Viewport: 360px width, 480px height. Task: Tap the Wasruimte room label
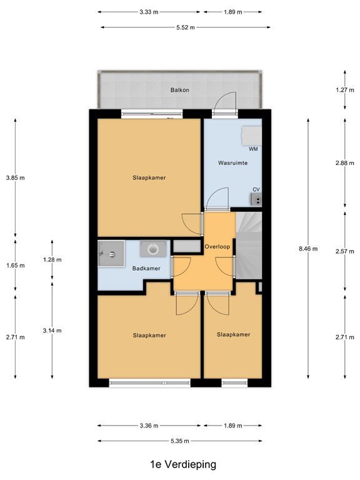pyautogui.click(x=232, y=162)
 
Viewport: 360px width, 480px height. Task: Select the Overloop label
pyautogui.click(x=218, y=246)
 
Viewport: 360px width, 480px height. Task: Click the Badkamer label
pyautogui.click(x=146, y=269)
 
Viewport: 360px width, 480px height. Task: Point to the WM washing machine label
pyautogui.click(x=253, y=150)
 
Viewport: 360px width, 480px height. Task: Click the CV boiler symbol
pyautogui.click(x=256, y=199)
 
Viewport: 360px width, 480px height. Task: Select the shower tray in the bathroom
pyautogui.click(x=111, y=254)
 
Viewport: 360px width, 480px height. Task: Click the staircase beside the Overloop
pyautogui.click(x=248, y=244)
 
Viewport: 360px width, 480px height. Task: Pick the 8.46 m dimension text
pyautogui.click(x=308, y=249)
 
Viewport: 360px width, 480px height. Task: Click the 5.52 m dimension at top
pyautogui.click(x=186, y=27)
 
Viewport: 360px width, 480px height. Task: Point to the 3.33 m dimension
pyautogui.click(x=149, y=12)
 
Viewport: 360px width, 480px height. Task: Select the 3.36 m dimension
pyautogui.click(x=149, y=426)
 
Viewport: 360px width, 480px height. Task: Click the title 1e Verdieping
pyautogui.click(x=179, y=465)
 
